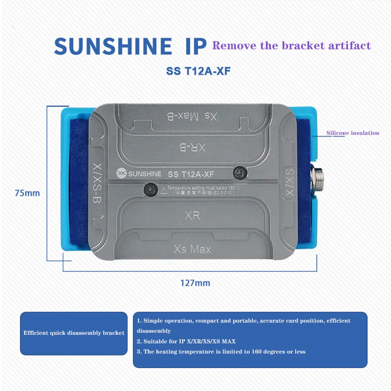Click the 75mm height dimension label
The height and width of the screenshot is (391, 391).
coord(27,193)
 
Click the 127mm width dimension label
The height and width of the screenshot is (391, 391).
coord(195,282)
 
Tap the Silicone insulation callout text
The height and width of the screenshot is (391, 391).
coord(353,133)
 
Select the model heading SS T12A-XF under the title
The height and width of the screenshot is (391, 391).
coord(199,70)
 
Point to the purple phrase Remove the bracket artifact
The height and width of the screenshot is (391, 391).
coord(292,45)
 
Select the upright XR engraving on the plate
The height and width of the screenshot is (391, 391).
coord(192,215)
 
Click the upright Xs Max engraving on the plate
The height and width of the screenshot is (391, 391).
coord(192,248)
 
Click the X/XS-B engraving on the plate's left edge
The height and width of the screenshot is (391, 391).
coord(97,183)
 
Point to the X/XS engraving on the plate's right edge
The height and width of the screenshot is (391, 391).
coord(288,181)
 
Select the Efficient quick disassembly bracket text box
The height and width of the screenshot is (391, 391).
coord(74,333)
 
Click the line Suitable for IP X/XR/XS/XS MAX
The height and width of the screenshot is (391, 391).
coord(186,341)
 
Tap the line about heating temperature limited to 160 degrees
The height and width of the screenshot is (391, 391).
coord(221,351)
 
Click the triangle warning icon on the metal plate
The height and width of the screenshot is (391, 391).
coord(164,189)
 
